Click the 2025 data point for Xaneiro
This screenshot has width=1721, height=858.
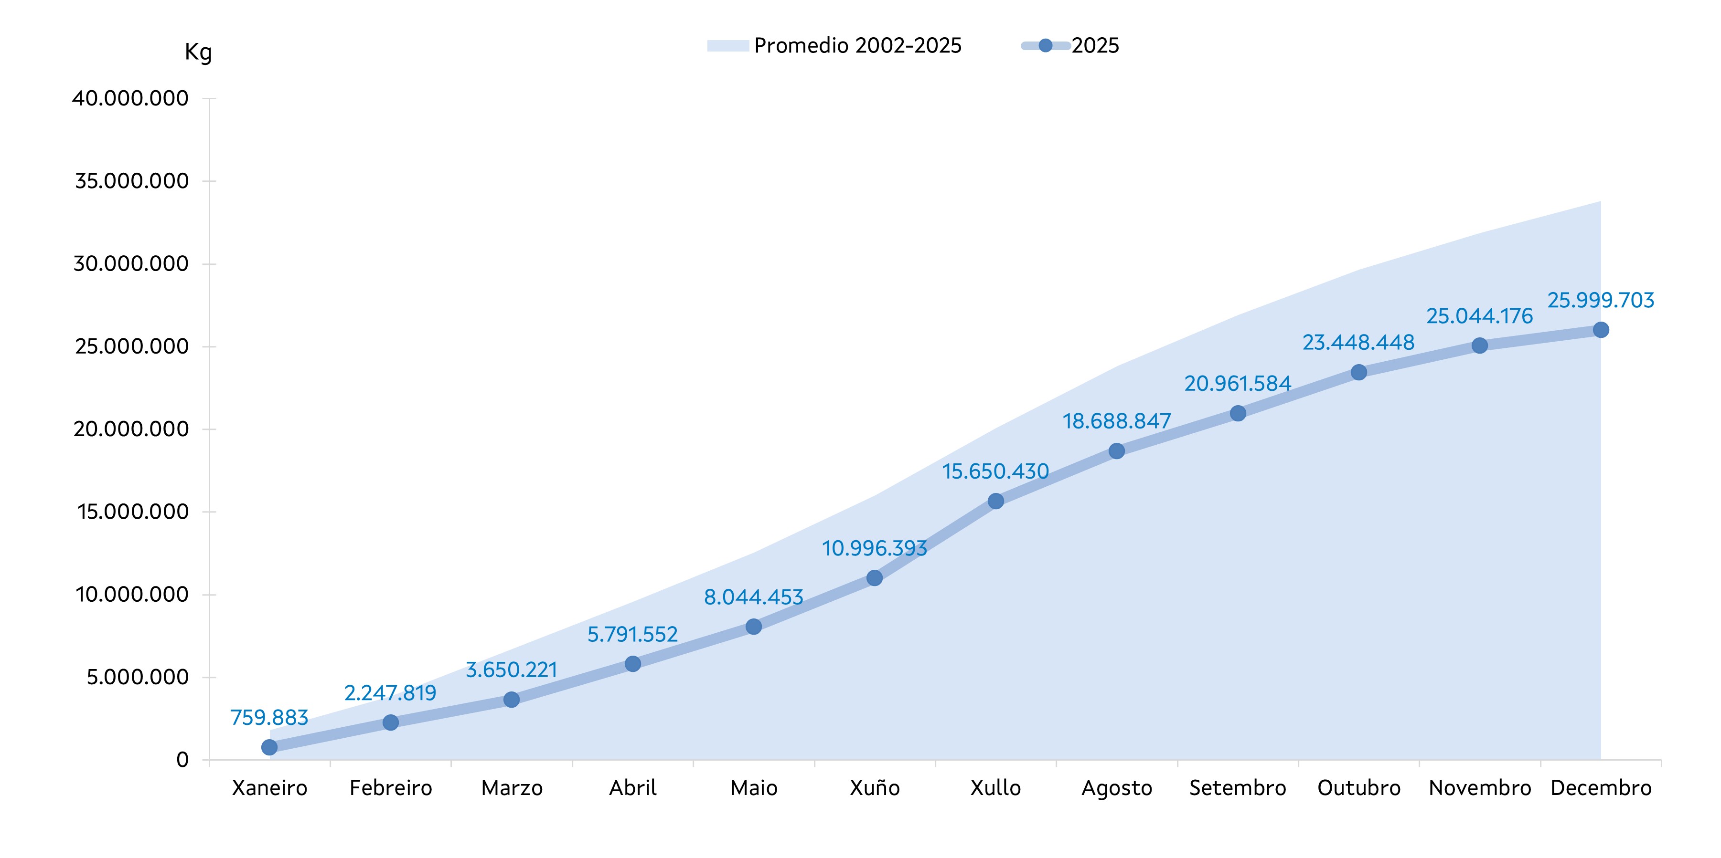pos(269,747)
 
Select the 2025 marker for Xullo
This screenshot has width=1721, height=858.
pos(995,501)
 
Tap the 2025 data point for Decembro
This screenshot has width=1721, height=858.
pos(1601,330)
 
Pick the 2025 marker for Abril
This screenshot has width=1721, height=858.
pos(633,664)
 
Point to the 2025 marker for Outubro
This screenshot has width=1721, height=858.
pos(1359,372)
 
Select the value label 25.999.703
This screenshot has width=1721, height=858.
pos(1601,301)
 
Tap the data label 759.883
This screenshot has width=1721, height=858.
pos(269,717)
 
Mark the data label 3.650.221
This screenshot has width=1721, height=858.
pos(511,670)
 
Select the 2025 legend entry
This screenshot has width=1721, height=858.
pos(1070,45)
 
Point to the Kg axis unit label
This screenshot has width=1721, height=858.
pos(198,52)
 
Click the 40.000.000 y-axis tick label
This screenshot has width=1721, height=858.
pos(130,98)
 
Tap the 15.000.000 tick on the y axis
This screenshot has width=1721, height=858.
pos(133,512)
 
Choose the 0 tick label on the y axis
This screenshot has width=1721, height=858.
pos(182,760)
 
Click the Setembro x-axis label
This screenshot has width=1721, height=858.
pos(1237,788)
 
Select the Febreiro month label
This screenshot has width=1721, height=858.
pos(391,788)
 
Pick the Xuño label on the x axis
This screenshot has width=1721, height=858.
pos(875,788)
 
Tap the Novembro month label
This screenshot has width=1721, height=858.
pos(1480,788)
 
